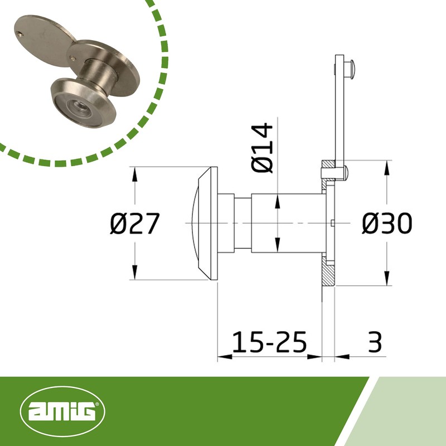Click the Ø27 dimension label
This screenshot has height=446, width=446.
point(135,224)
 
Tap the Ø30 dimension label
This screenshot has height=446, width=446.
point(386,224)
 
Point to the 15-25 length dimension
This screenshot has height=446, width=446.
point(269,342)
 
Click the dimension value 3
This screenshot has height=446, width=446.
point(376,342)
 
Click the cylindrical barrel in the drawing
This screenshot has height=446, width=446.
point(287,223)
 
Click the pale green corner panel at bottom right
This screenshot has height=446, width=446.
point(413,413)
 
